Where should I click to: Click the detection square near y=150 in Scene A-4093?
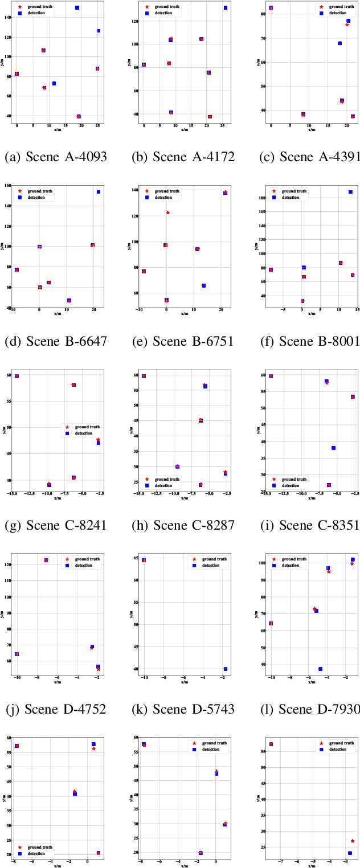click(77, 8)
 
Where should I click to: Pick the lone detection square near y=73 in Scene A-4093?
click(54, 84)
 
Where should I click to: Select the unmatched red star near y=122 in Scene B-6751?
click(167, 212)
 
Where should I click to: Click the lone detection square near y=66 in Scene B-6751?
click(203, 285)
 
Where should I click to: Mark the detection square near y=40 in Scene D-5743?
click(226, 669)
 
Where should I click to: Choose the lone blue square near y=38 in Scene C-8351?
click(333, 448)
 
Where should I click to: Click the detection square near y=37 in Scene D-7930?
click(320, 669)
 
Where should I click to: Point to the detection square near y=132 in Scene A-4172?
click(226, 8)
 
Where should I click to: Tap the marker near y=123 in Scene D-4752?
click(46, 560)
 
